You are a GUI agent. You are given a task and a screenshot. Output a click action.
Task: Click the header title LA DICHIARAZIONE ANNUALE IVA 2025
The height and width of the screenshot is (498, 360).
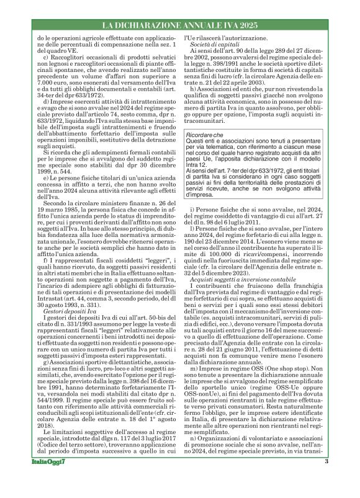tap(179, 25)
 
